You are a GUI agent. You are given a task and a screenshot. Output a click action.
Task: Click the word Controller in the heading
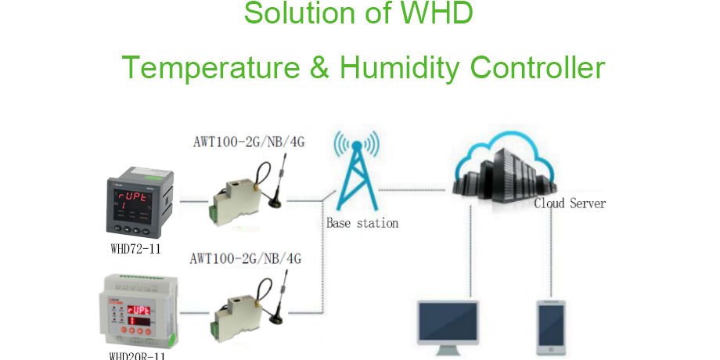pyautogui.click(x=538, y=68)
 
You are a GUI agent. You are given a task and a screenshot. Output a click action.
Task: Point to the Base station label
pyautogui.click(x=362, y=223)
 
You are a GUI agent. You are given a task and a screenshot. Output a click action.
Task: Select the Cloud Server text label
pyautogui.click(x=570, y=203)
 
